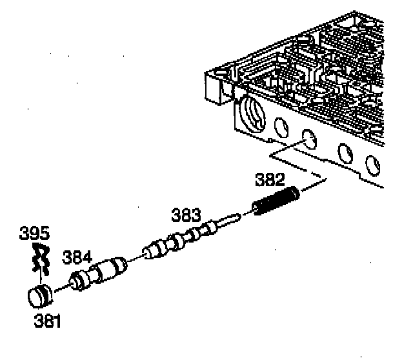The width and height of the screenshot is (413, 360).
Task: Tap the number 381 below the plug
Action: point(46,319)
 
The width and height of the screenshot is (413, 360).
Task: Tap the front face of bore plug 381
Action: point(38,298)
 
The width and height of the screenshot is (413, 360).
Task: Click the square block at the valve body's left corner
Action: point(217,86)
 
